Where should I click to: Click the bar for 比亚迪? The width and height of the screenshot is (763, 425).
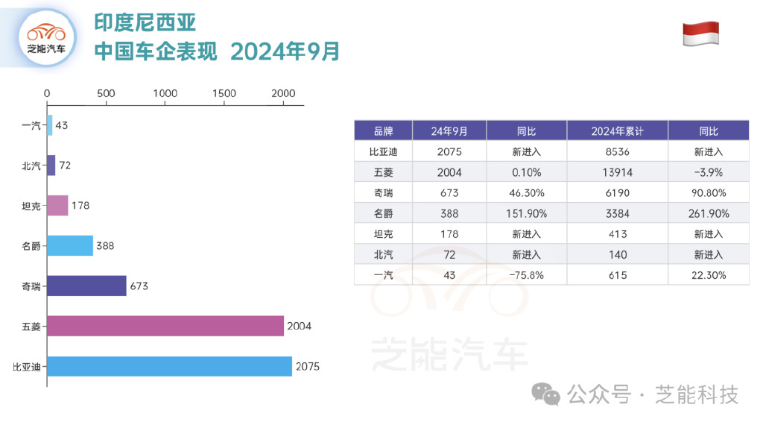(x=169, y=366)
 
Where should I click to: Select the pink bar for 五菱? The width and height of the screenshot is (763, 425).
(x=165, y=326)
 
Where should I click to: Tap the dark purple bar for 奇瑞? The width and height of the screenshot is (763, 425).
(x=86, y=286)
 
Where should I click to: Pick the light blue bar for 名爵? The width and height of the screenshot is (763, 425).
(x=70, y=245)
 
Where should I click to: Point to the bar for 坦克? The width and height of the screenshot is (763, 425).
(x=57, y=205)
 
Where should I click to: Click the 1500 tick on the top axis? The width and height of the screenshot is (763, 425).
(x=224, y=94)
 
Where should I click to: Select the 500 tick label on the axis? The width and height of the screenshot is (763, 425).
(x=106, y=94)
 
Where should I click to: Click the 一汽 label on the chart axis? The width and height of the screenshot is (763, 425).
(x=31, y=125)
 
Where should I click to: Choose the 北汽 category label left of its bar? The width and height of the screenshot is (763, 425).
(x=31, y=166)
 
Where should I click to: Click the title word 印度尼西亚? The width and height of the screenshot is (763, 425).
(x=145, y=23)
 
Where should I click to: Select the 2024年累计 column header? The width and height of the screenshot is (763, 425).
(x=617, y=131)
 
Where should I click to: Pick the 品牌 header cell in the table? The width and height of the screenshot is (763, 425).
(x=383, y=131)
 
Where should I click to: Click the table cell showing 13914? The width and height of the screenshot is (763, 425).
(x=617, y=172)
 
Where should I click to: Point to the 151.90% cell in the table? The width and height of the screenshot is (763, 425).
(x=526, y=213)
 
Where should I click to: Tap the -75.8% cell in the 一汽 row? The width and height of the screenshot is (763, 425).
(x=526, y=275)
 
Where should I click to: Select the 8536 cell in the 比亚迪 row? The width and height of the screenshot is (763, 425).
(x=617, y=152)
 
